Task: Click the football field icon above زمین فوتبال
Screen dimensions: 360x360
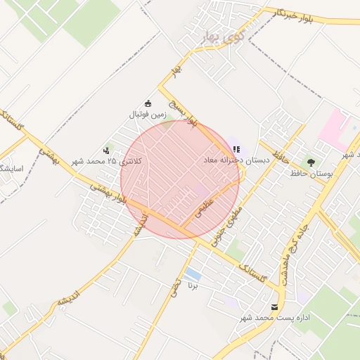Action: tap(148, 103)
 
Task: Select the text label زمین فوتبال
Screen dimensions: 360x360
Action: tap(147, 114)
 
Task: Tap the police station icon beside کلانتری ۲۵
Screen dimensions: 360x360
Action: tap(106, 150)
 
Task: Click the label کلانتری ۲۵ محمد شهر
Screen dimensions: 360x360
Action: tap(105, 162)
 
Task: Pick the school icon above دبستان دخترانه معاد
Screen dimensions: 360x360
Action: tap(237, 149)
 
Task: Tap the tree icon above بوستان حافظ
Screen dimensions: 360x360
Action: tap(311, 162)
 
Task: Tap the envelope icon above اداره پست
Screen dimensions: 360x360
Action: tap(274, 307)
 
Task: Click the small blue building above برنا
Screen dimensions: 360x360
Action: tap(193, 274)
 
